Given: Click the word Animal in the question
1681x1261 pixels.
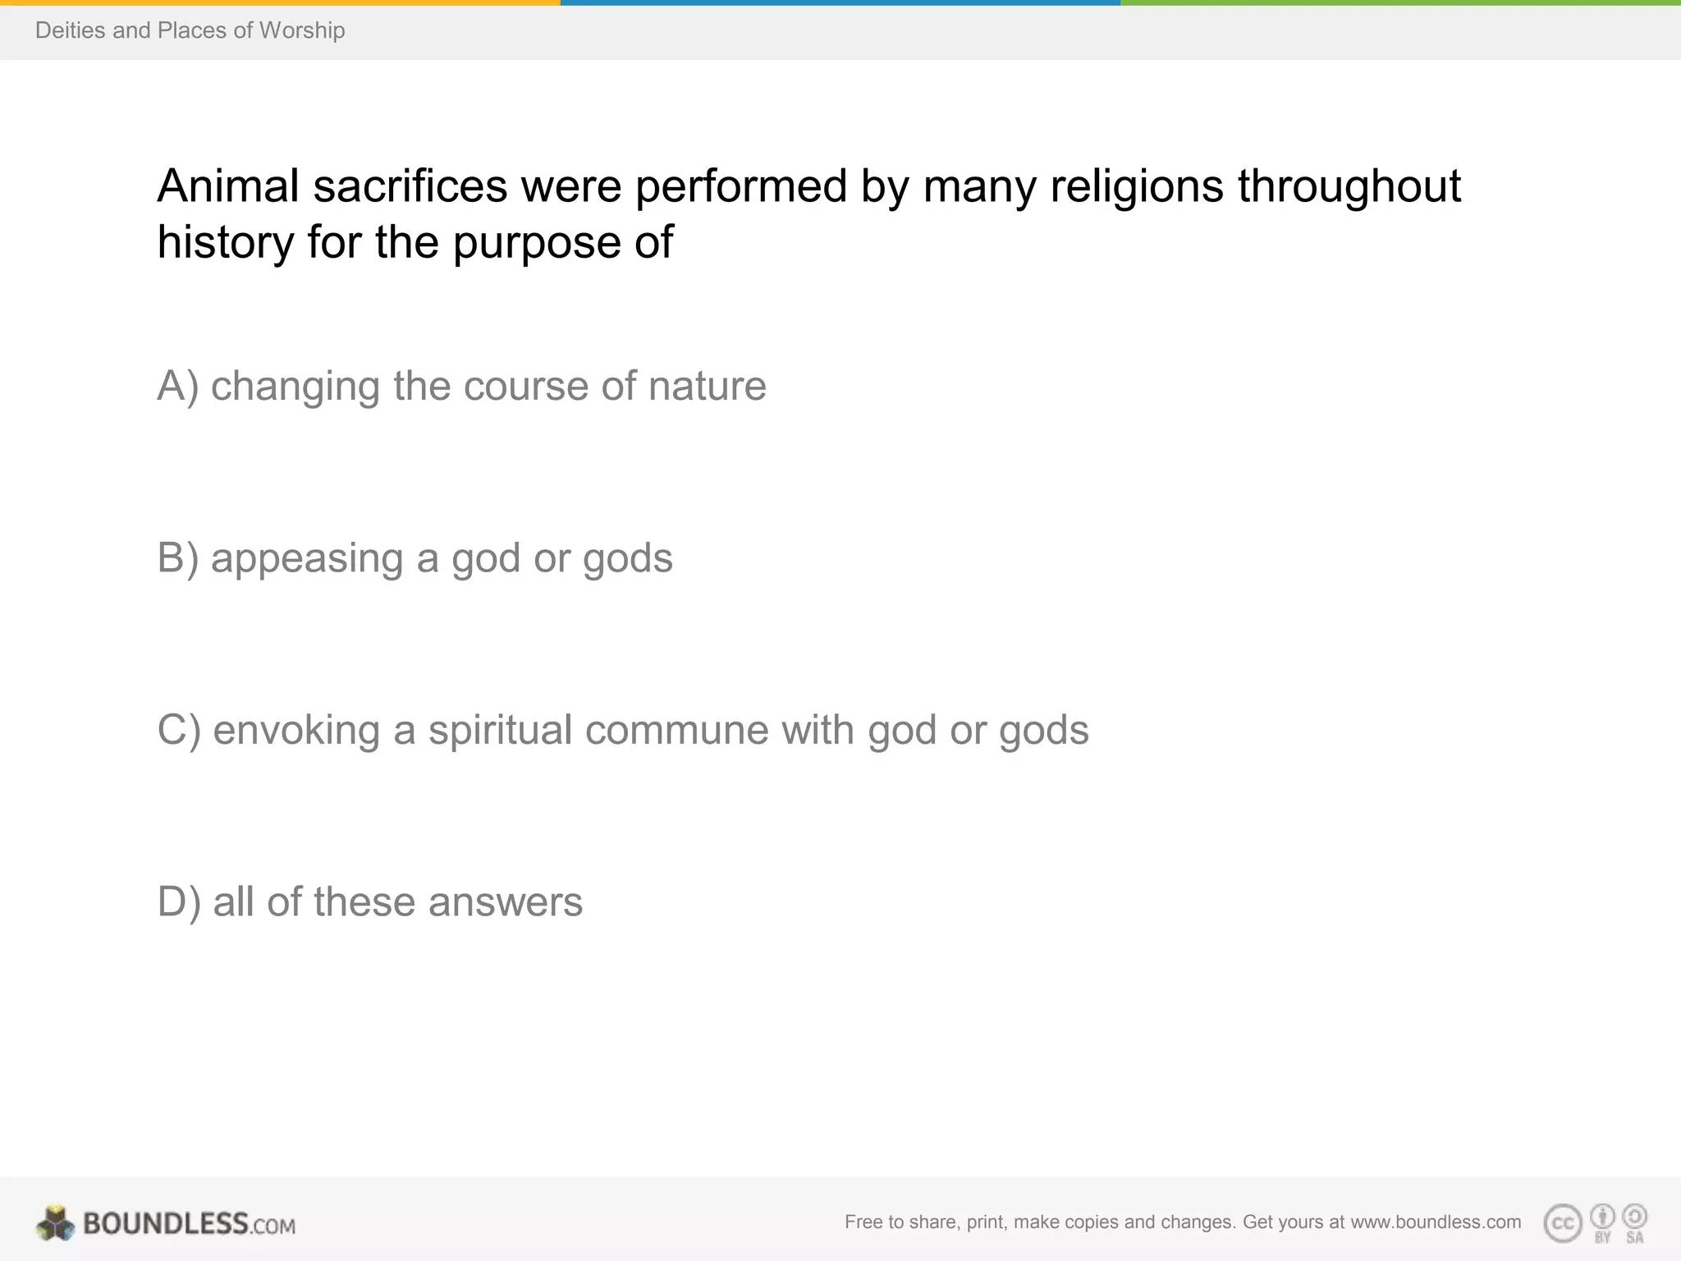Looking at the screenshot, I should click(x=228, y=186).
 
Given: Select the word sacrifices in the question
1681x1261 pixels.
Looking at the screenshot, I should click(x=410, y=186).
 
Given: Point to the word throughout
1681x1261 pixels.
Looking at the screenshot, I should click(x=1349, y=186).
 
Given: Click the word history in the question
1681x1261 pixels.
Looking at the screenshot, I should click(x=226, y=243).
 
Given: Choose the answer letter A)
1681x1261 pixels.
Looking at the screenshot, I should click(x=177, y=386).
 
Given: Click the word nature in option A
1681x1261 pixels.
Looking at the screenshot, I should click(x=707, y=386).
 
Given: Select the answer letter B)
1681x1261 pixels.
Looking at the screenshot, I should click(x=177, y=558).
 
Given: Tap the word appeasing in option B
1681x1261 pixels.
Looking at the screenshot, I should click(x=307, y=558).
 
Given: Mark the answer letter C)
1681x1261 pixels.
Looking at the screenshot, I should click(x=178, y=730).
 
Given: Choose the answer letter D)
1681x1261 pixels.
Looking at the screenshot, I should click(x=178, y=901).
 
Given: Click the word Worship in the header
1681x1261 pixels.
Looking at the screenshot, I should click(x=302, y=30).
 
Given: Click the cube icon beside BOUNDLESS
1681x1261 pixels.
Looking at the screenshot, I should click(x=55, y=1223).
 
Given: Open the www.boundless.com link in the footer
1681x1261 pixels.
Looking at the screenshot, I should click(x=1436, y=1222).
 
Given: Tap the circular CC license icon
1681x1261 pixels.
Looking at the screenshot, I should click(x=1563, y=1223).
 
